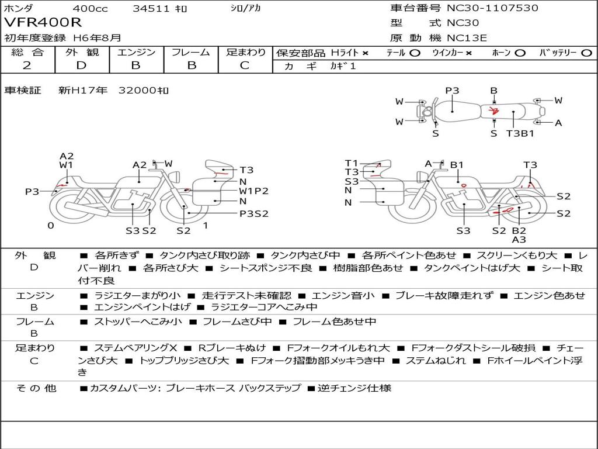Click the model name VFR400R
(x=43, y=23)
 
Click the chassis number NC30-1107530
(x=492, y=8)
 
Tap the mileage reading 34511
(x=151, y=9)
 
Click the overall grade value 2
(x=27, y=65)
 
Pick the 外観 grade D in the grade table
(x=82, y=65)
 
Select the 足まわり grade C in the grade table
(x=245, y=65)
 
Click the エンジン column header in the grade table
(x=136, y=53)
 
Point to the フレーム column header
(x=191, y=53)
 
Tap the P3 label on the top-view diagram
(x=452, y=91)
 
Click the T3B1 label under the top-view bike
(x=520, y=133)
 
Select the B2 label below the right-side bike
(x=519, y=230)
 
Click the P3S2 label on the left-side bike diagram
(x=254, y=213)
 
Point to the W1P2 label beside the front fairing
(x=253, y=191)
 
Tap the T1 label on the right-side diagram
(x=351, y=163)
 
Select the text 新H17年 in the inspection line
(x=83, y=91)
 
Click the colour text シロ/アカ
(x=245, y=9)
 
